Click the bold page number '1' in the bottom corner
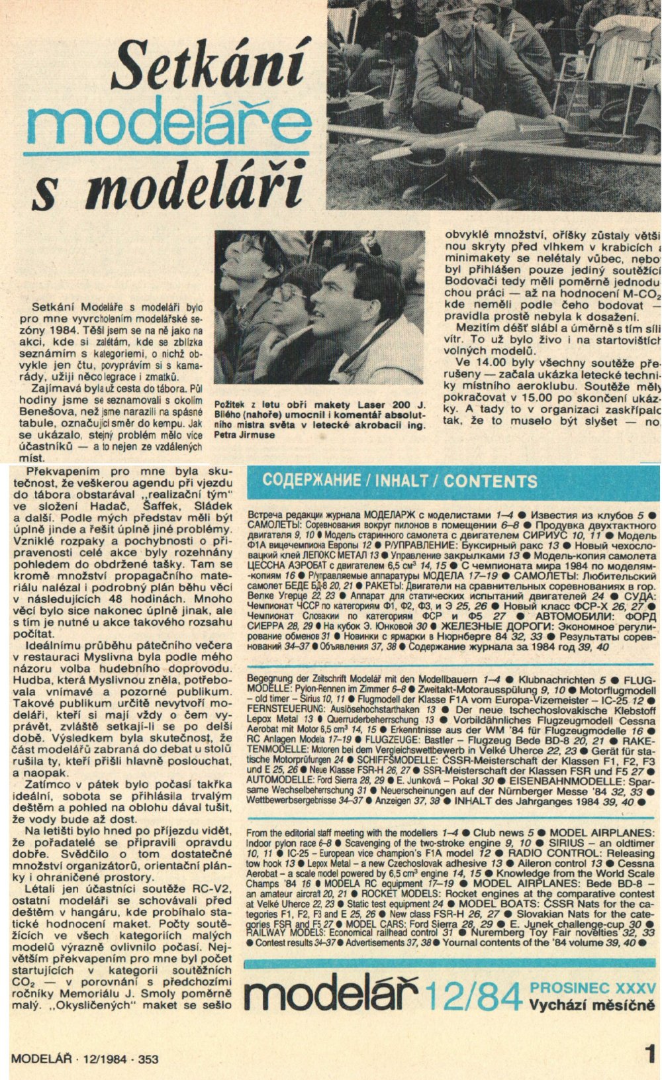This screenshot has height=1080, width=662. tap(649, 1054)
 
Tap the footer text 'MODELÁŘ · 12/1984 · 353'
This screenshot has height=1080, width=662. tap(85, 1059)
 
